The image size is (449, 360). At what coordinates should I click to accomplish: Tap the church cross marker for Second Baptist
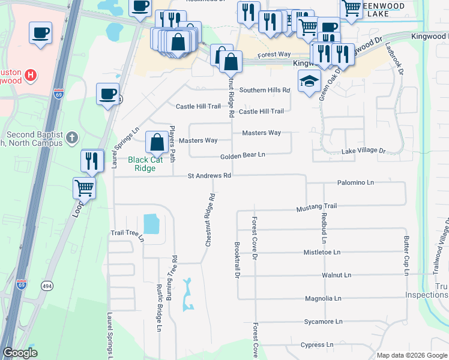coord(72,137)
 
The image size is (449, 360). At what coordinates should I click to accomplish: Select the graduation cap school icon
coord(310,82)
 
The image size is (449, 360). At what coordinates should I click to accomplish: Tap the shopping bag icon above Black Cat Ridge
coord(157,143)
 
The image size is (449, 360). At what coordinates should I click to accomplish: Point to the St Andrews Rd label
coord(209,176)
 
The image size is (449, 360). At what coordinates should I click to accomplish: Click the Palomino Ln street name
coord(355,182)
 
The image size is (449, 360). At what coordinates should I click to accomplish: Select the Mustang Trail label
coord(316,207)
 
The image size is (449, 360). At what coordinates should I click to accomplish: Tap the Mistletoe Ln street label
coord(322,253)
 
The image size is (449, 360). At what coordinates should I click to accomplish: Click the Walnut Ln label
coord(336,275)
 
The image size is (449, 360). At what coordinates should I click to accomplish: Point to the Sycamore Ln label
coord(323,322)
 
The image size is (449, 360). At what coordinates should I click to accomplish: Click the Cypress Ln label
coord(317,345)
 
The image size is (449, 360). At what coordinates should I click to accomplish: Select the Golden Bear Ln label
coord(243,155)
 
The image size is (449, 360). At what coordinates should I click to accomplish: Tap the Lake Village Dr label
coord(363,152)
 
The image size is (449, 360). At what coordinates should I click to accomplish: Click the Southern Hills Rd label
coord(265,90)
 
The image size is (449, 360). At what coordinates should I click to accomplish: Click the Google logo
coord(20,353)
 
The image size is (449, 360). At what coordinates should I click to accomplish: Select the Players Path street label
coord(172,144)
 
